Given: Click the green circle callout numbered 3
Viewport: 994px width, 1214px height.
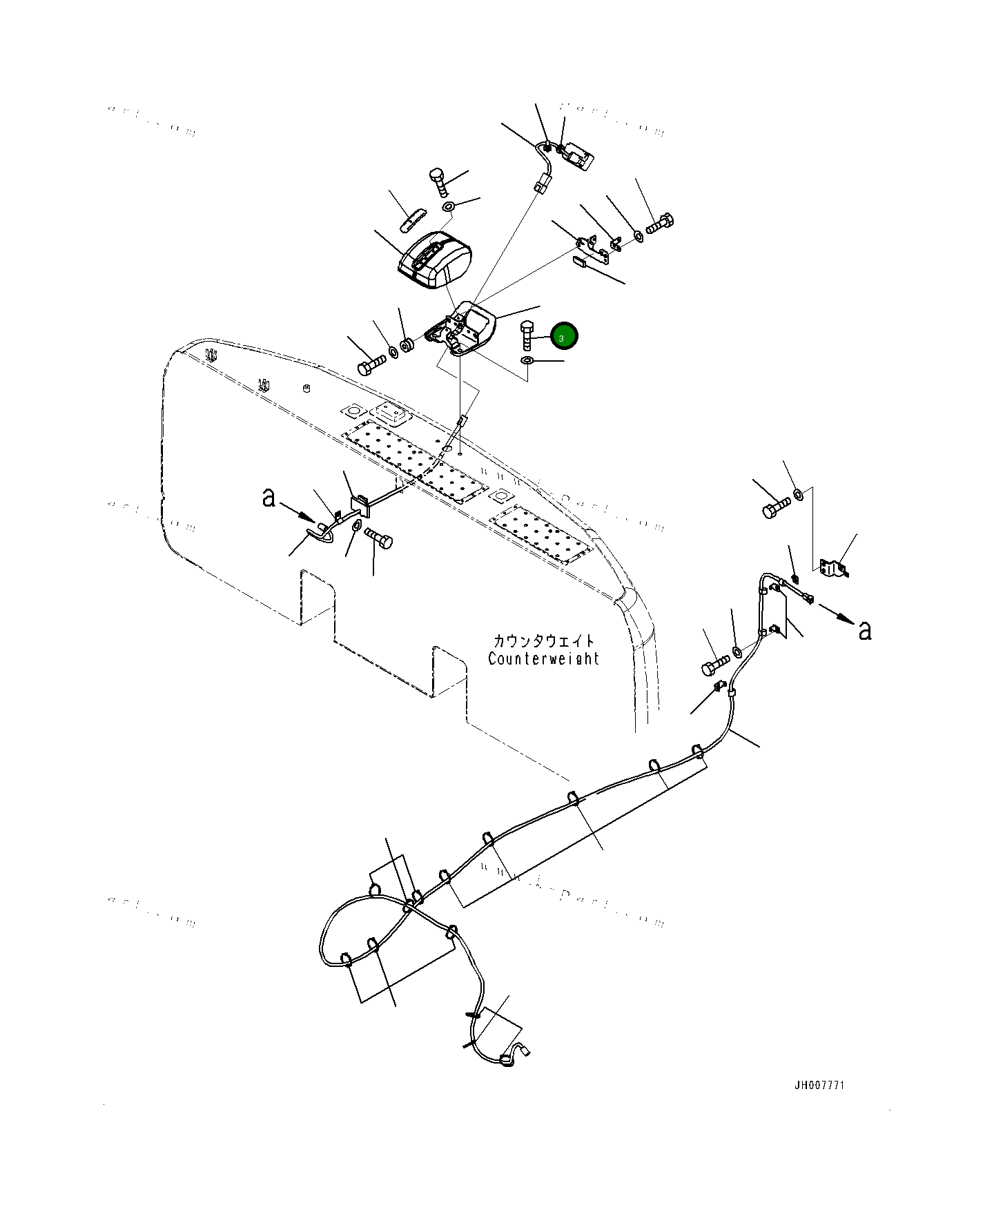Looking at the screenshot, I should [x=563, y=336].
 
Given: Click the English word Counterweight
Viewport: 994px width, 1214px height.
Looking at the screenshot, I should [x=543, y=658].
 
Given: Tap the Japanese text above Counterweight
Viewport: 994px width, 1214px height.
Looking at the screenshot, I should [x=543, y=641].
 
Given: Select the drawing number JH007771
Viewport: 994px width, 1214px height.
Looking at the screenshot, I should [x=819, y=1085].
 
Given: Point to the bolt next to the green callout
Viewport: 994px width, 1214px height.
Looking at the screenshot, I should [x=528, y=336].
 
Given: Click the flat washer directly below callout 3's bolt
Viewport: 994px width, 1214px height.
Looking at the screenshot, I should [x=527, y=362].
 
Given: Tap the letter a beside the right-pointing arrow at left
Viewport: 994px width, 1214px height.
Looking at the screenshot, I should [x=269, y=497].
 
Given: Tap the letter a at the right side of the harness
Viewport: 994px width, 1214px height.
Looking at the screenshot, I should [x=864, y=629].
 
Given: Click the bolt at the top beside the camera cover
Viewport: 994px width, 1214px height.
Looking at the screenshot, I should [x=438, y=182].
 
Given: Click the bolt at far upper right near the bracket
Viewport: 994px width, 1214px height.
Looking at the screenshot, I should [x=660, y=224].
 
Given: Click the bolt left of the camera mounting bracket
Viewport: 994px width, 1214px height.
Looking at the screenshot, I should [x=371, y=364].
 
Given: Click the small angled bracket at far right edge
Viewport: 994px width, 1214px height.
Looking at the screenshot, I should [x=834, y=568].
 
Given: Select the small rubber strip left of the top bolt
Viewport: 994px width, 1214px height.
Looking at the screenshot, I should [x=413, y=219].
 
